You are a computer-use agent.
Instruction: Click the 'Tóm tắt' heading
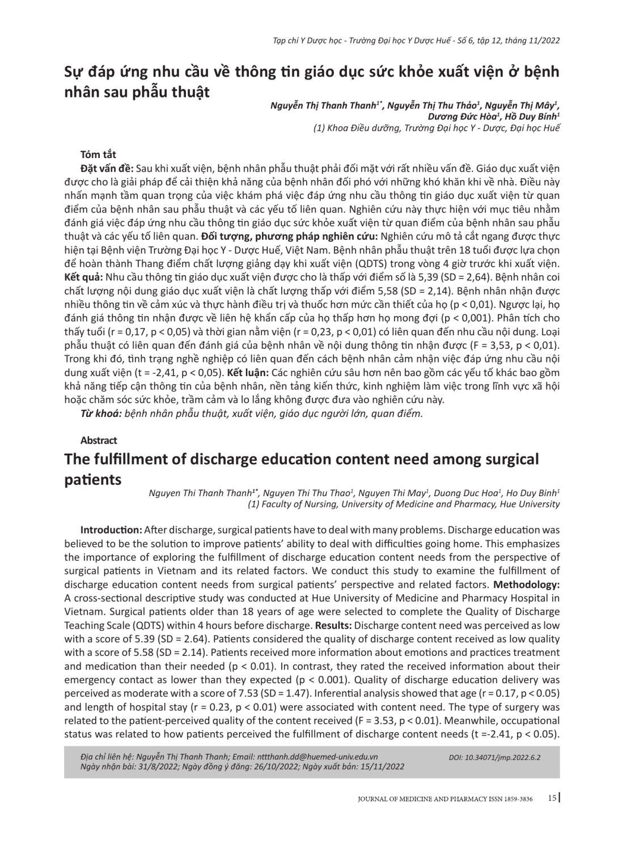(98, 154)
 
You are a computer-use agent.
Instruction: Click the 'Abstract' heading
(99, 440)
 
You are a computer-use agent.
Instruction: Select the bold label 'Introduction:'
(111, 530)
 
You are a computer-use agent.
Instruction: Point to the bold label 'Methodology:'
(527, 584)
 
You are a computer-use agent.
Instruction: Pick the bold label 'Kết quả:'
(83, 277)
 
